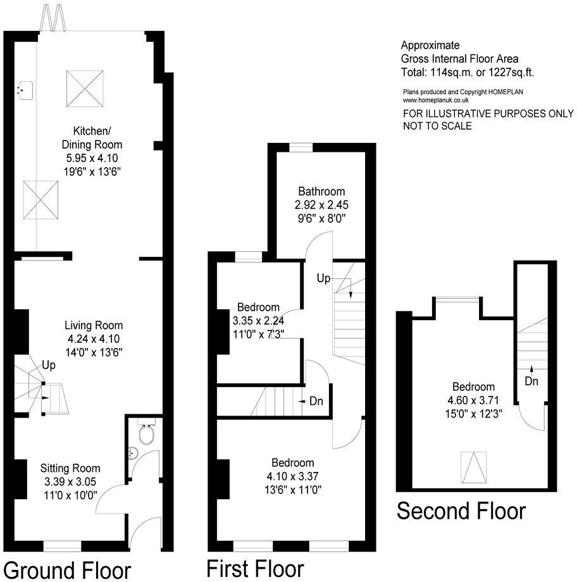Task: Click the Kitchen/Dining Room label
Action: [92, 137]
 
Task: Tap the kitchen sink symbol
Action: [25, 90]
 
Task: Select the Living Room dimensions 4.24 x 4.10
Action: [94, 339]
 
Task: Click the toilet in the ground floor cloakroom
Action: [146, 434]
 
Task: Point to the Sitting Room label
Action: [70, 469]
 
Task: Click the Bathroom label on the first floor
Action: [322, 192]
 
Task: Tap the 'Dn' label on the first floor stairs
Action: [315, 401]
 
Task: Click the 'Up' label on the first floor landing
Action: [323, 278]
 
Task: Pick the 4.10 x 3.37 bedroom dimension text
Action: [292, 475]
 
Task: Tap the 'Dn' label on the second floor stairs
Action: [532, 381]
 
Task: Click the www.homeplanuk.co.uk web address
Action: [435, 100]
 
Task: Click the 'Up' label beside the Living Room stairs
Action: [49, 365]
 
